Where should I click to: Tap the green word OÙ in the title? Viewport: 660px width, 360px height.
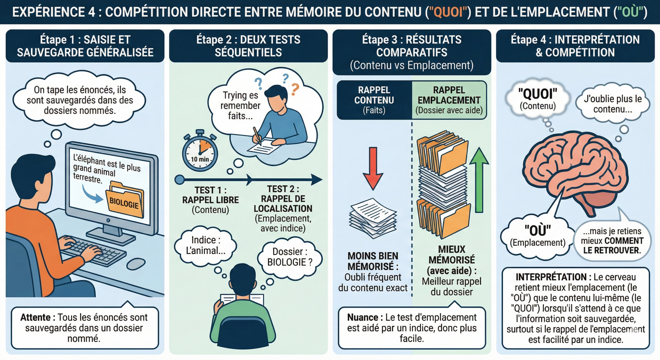[x=630, y=12]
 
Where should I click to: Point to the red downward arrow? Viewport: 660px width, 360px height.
[x=373, y=168]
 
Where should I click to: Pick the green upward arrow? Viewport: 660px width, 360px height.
[x=479, y=180]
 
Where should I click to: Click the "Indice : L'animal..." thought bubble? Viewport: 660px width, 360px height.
[x=205, y=245]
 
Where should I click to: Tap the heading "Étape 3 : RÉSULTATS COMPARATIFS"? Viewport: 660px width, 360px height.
[x=412, y=46]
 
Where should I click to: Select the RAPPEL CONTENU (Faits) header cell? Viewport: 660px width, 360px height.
[x=374, y=100]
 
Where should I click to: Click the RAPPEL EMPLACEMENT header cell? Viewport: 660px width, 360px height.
[x=449, y=100]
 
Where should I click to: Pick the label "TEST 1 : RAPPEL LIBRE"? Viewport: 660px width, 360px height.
[x=210, y=195]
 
